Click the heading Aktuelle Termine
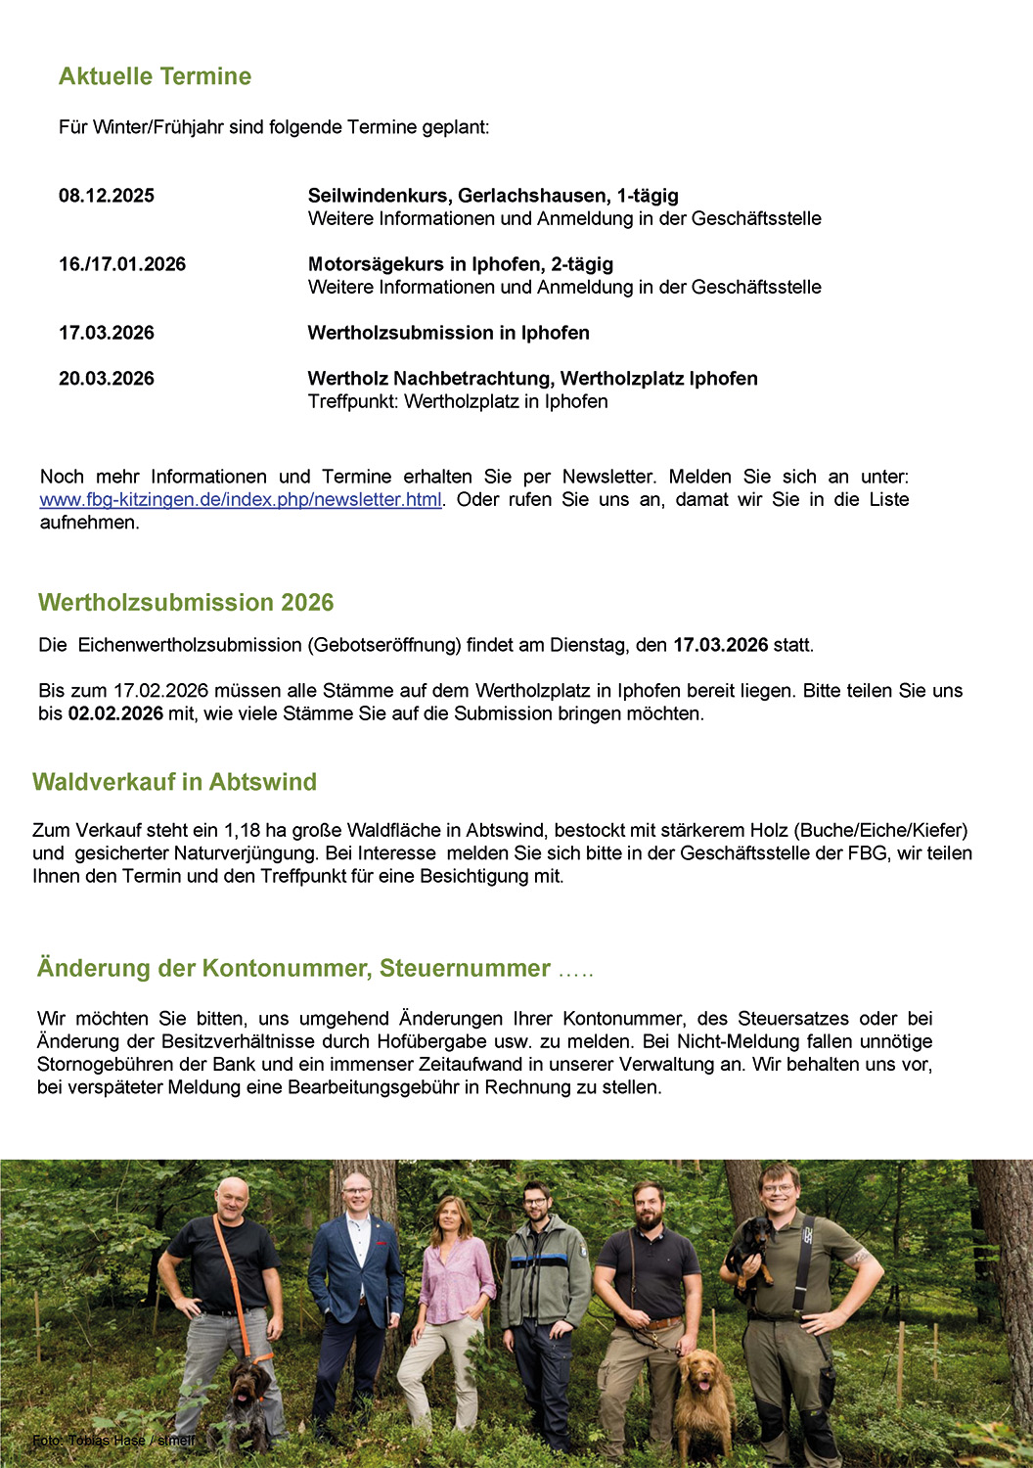click(x=155, y=76)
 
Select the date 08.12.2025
click(x=107, y=196)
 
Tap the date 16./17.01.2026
click(x=122, y=264)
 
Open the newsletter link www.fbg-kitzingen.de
click(x=241, y=500)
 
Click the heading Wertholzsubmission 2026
click(x=186, y=603)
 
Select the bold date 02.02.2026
click(x=115, y=713)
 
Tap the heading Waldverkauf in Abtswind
click(x=174, y=782)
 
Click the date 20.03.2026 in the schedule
click(x=107, y=379)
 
